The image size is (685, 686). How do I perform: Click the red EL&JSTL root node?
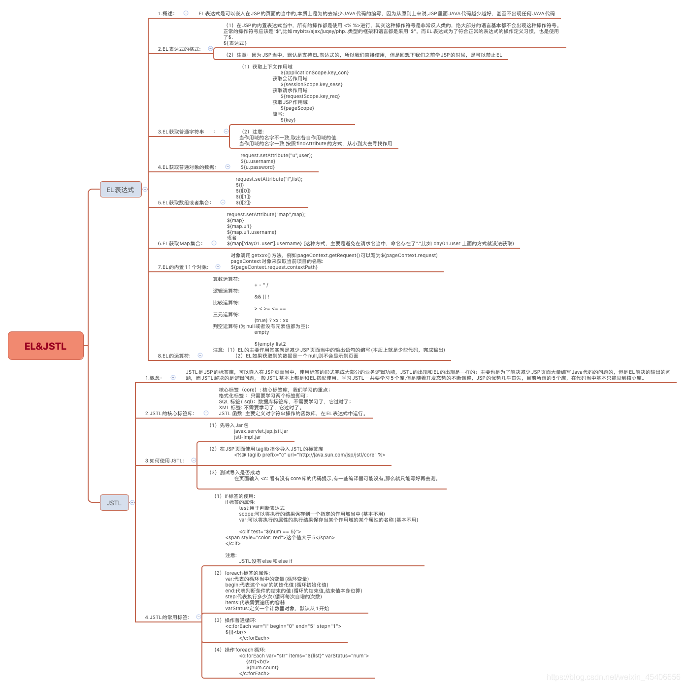46,346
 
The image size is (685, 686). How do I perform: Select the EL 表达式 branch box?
121,190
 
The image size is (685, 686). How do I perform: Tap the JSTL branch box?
114,503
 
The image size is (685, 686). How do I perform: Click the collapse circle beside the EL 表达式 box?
145,189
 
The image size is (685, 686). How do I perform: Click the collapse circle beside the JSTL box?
132,502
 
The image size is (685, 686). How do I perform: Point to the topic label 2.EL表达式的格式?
179,49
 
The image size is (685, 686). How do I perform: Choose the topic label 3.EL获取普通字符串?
181,132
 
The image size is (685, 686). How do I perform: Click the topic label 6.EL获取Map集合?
180,244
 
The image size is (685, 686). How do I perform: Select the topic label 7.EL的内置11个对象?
183,267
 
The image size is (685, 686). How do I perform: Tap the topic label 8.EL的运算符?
174,356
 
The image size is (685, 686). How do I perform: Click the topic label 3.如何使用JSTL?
164,461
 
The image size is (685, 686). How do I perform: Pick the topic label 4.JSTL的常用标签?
167,618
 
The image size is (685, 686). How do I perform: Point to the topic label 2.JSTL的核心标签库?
170,414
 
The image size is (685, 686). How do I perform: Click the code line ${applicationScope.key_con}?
315,73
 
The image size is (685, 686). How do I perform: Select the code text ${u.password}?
258,167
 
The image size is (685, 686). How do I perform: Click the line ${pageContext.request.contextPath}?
274,267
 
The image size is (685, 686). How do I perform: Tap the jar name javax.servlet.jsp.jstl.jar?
261,431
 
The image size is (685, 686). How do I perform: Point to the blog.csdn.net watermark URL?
613,677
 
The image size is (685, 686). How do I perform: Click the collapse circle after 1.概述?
186,13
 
